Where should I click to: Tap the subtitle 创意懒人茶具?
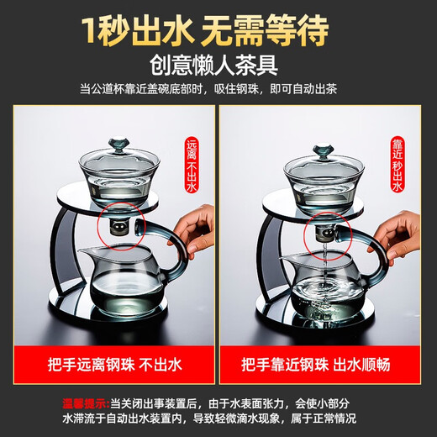(218, 65)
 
